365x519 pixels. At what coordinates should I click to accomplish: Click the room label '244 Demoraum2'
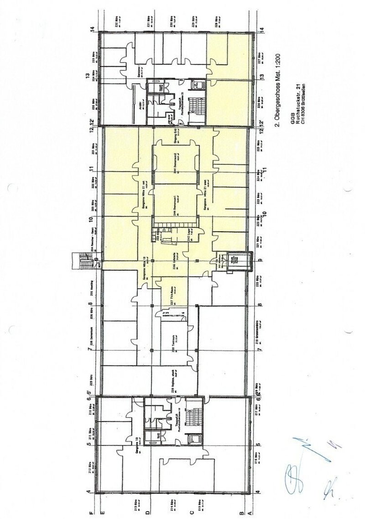coord(175,164)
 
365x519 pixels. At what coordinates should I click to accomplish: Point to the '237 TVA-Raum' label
coord(173,294)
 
